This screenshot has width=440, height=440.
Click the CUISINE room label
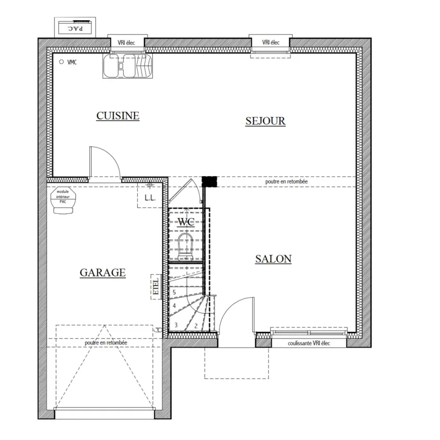[117, 116]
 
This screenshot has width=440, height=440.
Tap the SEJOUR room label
[265, 121]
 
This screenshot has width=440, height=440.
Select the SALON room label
[273, 259]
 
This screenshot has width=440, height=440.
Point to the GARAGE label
[103, 272]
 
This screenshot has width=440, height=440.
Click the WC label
[186, 222]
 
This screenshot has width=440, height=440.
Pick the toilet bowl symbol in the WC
[185, 246]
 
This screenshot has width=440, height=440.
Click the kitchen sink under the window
[128, 66]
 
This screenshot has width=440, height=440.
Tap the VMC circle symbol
[62, 62]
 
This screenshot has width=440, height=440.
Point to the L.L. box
[150, 198]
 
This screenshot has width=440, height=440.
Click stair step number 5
[174, 292]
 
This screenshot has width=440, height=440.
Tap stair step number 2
[195, 326]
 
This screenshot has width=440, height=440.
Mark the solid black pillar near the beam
[209, 181]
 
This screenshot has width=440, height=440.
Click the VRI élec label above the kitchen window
[126, 43]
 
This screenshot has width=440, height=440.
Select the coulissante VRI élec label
[309, 343]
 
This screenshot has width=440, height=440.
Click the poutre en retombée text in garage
[106, 342]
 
